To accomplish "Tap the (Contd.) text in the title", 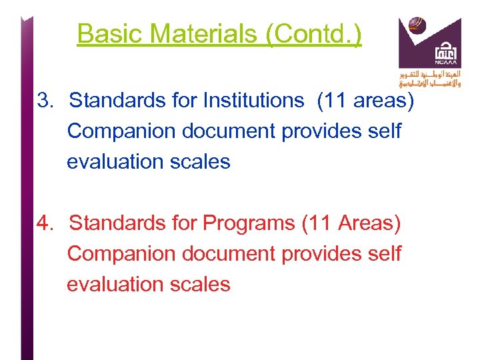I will [x=313, y=33].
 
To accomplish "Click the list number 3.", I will [x=45, y=101].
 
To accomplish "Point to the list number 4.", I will [x=45, y=223].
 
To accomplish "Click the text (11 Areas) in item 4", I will [x=351, y=223].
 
